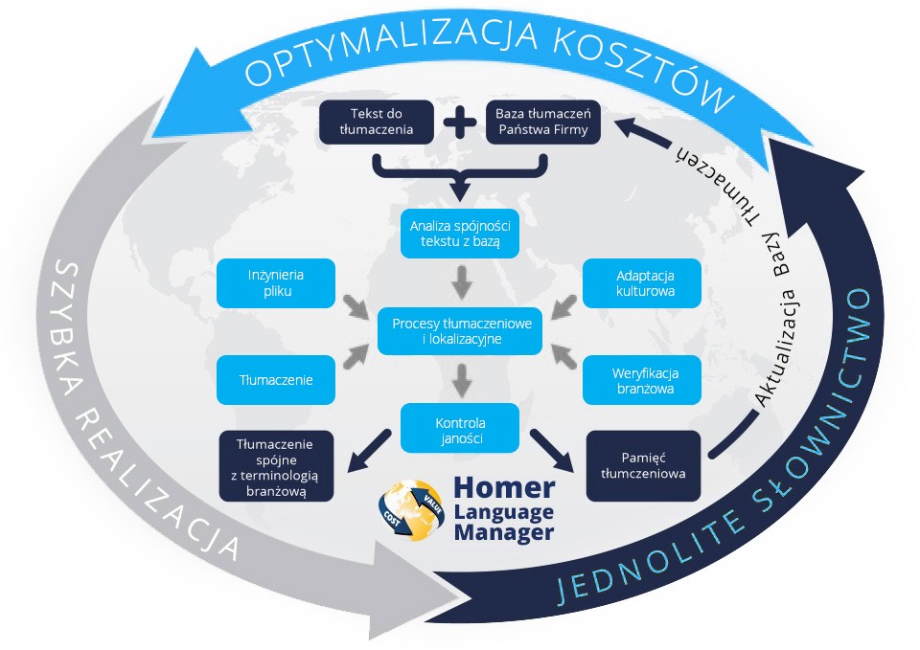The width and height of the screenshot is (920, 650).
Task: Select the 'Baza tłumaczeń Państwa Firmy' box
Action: (x=542, y=122)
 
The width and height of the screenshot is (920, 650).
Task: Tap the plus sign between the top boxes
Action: (x=459, y=123)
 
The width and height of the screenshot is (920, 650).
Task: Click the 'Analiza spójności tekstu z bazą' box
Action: (x=460, y=233)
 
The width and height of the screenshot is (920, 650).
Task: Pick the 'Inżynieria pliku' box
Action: (x=276, y=283)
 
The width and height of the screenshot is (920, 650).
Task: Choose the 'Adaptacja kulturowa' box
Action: (x=642, y=283)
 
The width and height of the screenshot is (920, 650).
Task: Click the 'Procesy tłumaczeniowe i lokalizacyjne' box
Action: (x=460, y=331)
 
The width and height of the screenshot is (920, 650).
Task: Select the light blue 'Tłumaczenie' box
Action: (x=276, y=379)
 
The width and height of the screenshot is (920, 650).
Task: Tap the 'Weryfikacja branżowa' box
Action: (x=642, y=379)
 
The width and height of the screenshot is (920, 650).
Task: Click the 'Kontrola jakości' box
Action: (x=460, y=428)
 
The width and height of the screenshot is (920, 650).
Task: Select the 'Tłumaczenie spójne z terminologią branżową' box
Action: (x=276, y=465)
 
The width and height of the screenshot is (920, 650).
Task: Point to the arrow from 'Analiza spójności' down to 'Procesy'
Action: (x=460, y=280)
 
